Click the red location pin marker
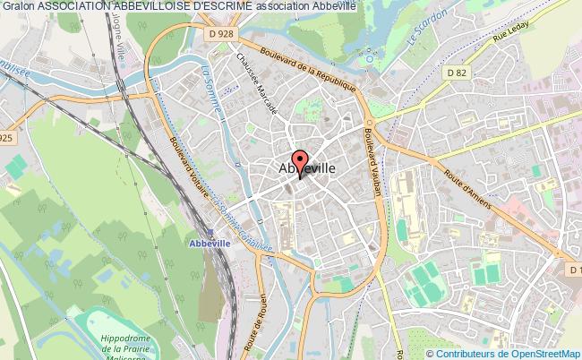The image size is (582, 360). tap(299, 162)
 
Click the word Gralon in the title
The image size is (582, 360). tap(19, 6)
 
